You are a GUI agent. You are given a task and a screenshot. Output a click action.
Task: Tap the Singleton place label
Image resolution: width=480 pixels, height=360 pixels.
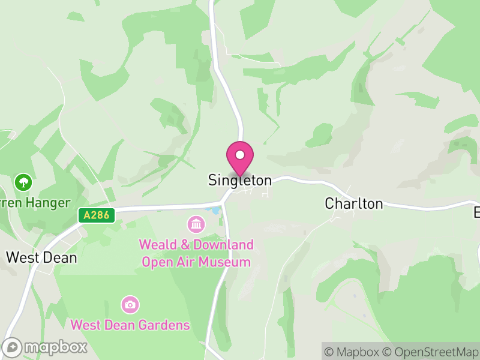coord(240,180)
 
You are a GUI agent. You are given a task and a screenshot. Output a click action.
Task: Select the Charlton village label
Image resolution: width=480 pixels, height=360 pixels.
coord(354,203)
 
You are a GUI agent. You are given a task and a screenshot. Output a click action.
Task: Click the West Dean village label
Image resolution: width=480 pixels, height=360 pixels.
coord(41,257)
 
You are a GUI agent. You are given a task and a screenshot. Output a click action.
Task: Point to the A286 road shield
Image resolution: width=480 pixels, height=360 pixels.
coord(97,215)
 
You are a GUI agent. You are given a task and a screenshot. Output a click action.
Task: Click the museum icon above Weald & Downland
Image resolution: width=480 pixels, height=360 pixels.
coord(196,225)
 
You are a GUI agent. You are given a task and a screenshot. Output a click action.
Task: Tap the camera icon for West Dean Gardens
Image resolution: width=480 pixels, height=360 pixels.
coord(130,305)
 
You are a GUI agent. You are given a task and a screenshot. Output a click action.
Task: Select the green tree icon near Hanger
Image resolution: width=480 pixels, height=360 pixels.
coord(23,181)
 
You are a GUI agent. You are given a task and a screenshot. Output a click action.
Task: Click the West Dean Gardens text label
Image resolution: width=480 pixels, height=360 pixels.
coord(130,325)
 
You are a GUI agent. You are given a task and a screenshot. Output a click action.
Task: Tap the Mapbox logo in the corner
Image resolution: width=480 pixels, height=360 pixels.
coord(45,347)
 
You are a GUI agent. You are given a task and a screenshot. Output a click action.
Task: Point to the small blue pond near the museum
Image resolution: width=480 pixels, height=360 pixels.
coord(215,211)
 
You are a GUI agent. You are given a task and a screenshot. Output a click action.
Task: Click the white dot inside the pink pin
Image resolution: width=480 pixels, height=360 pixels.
coord(240,155)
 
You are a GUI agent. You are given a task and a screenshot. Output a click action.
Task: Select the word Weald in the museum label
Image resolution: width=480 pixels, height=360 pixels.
coord(158,245)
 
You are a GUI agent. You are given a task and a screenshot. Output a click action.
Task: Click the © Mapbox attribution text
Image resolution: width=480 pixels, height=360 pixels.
coord(355,352)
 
